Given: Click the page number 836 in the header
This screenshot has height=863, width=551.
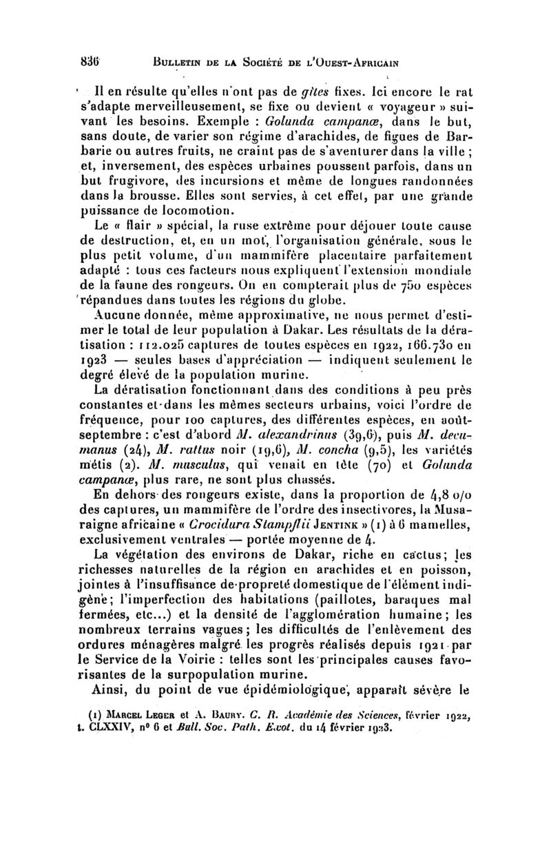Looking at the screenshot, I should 97,59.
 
